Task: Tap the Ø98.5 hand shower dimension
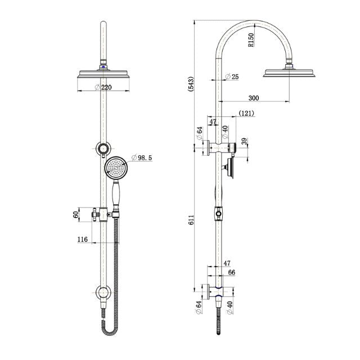coord(142,157)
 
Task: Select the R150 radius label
coord(251,41)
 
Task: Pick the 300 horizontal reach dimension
coord(253,98)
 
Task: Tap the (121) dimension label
coord(246,113)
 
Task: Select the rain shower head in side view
coord(292,73)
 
